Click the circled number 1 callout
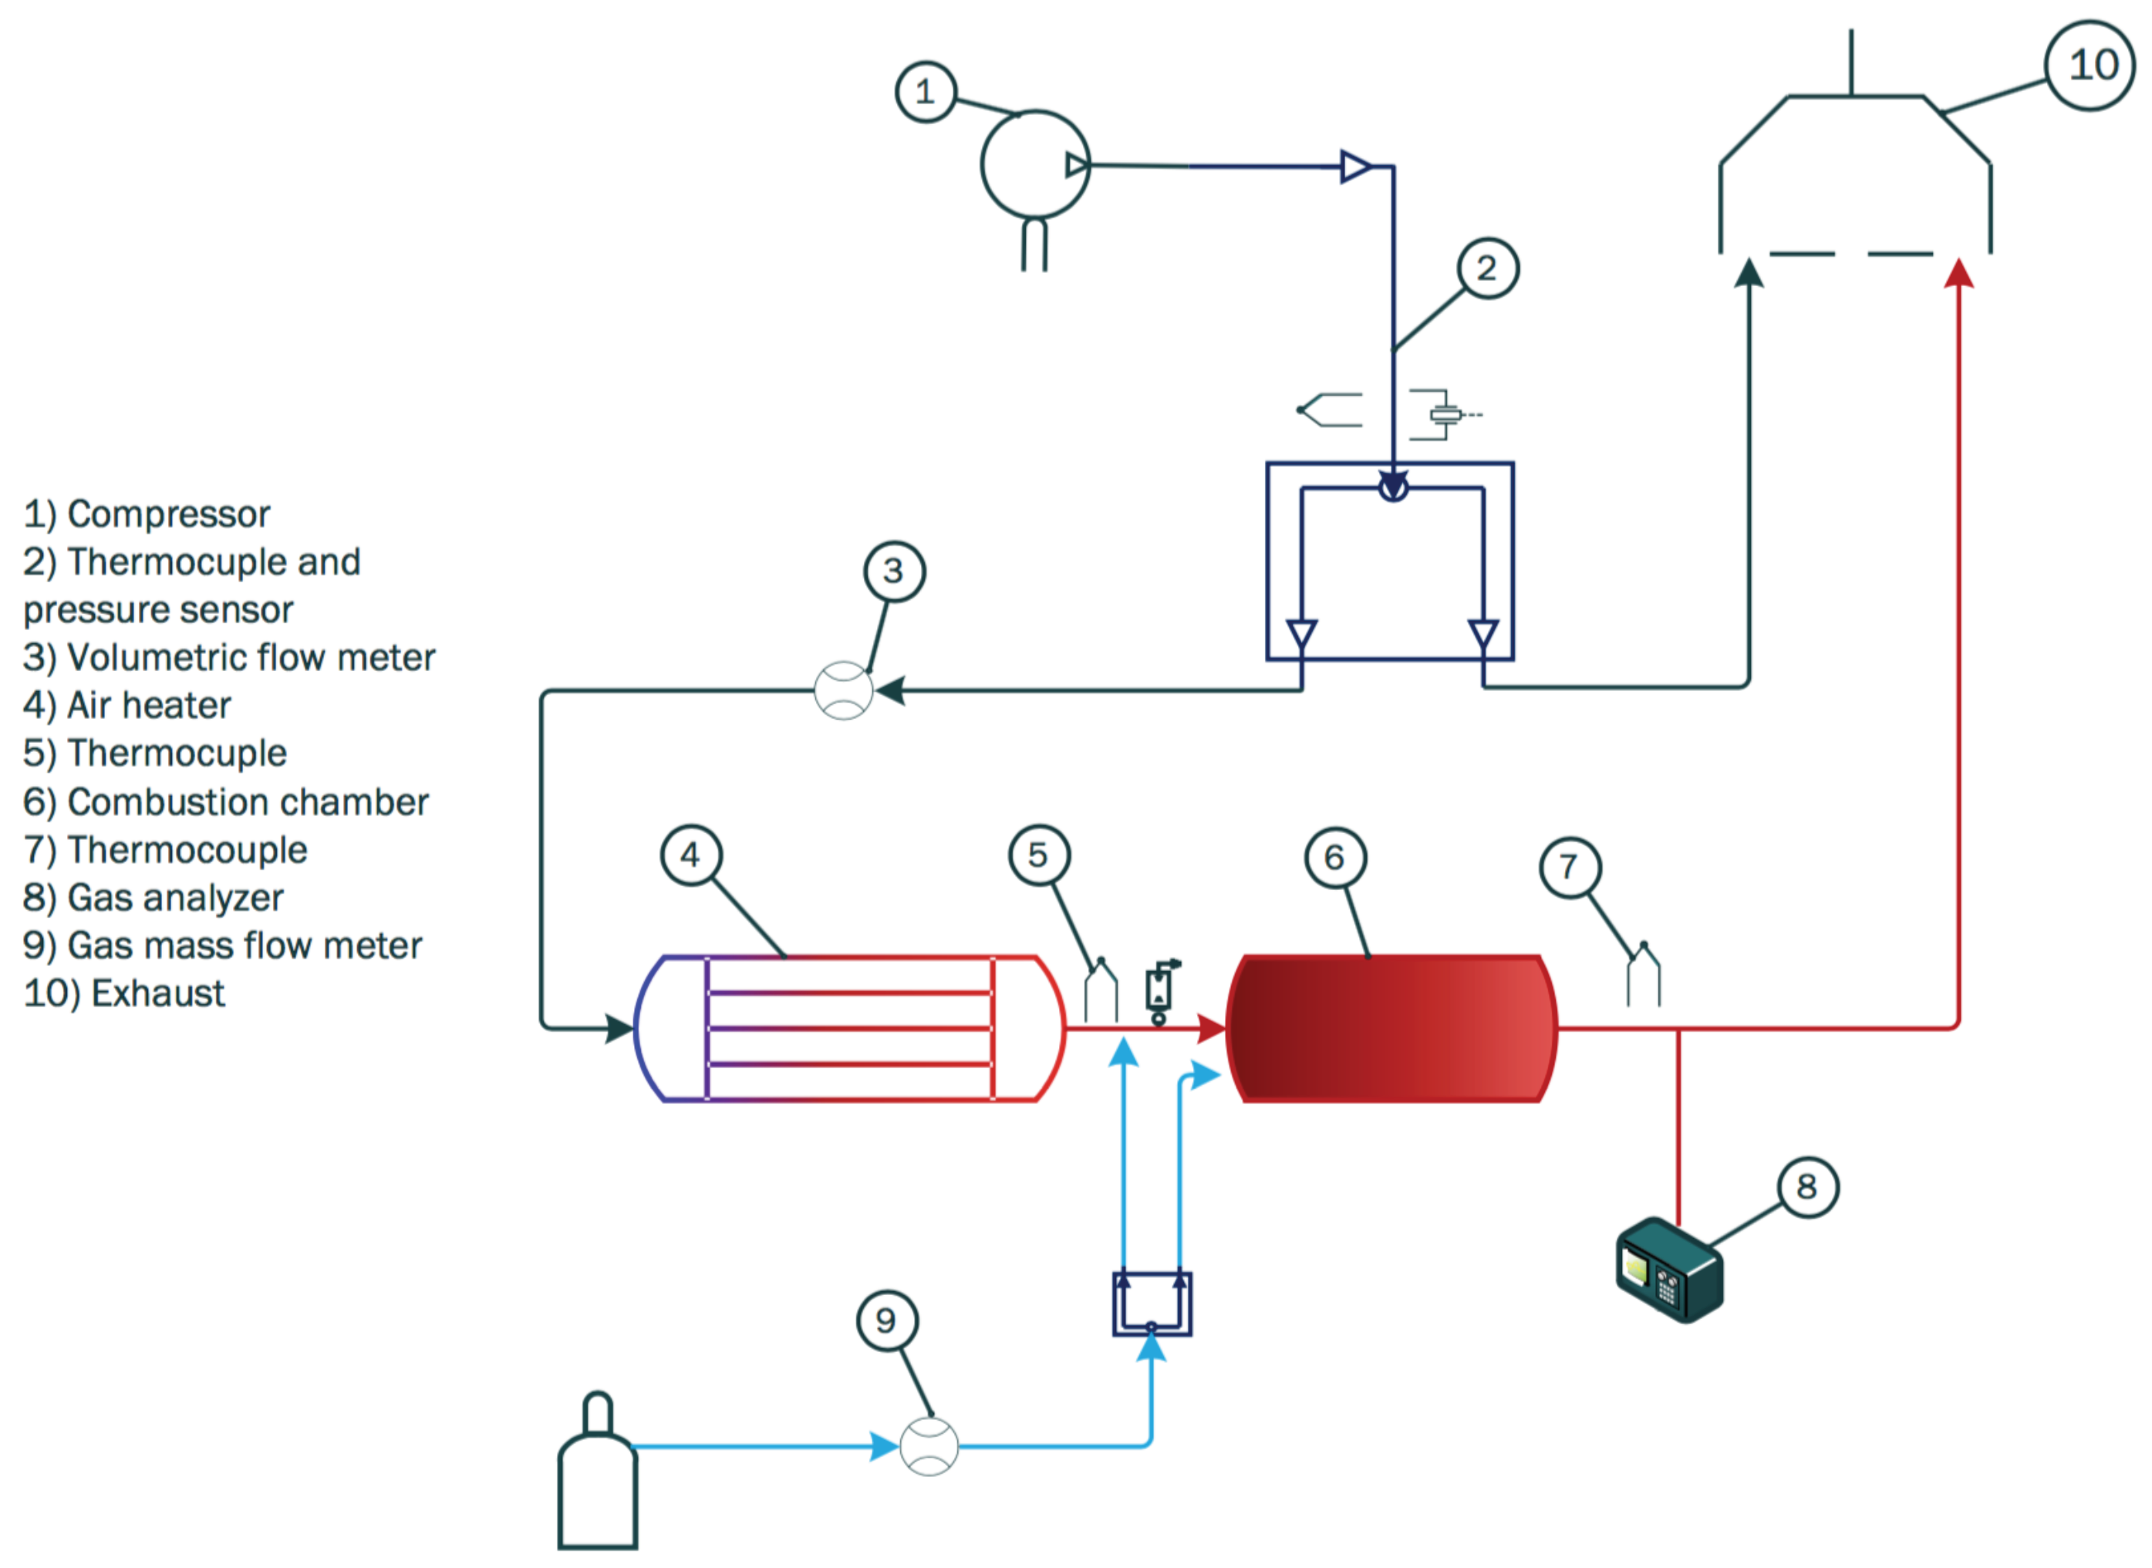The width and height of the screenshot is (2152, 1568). click(925, 92)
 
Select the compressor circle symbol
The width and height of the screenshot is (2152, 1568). click(1034, 165)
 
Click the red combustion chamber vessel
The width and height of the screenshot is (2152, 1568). click(1391, 1029)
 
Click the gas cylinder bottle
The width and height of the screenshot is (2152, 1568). click(597, 1470)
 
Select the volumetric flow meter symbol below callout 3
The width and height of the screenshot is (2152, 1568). click(843, 691)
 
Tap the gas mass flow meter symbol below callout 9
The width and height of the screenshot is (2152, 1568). click(929, 1446)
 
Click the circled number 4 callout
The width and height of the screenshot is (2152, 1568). click(691, 855)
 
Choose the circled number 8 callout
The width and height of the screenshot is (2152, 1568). click(1807, 1186)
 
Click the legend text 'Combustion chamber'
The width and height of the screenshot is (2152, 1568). click(248, 802)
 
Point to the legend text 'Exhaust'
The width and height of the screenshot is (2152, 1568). click(157, 993)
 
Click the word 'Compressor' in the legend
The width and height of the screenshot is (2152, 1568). click(169, 514)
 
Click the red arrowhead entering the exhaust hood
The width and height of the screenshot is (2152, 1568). click(1959, 272)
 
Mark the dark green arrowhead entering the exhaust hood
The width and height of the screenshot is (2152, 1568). click(1749, 272)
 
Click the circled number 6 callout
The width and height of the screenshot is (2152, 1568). click(1334, 858)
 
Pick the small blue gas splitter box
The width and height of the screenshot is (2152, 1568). click(1152, 1304)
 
